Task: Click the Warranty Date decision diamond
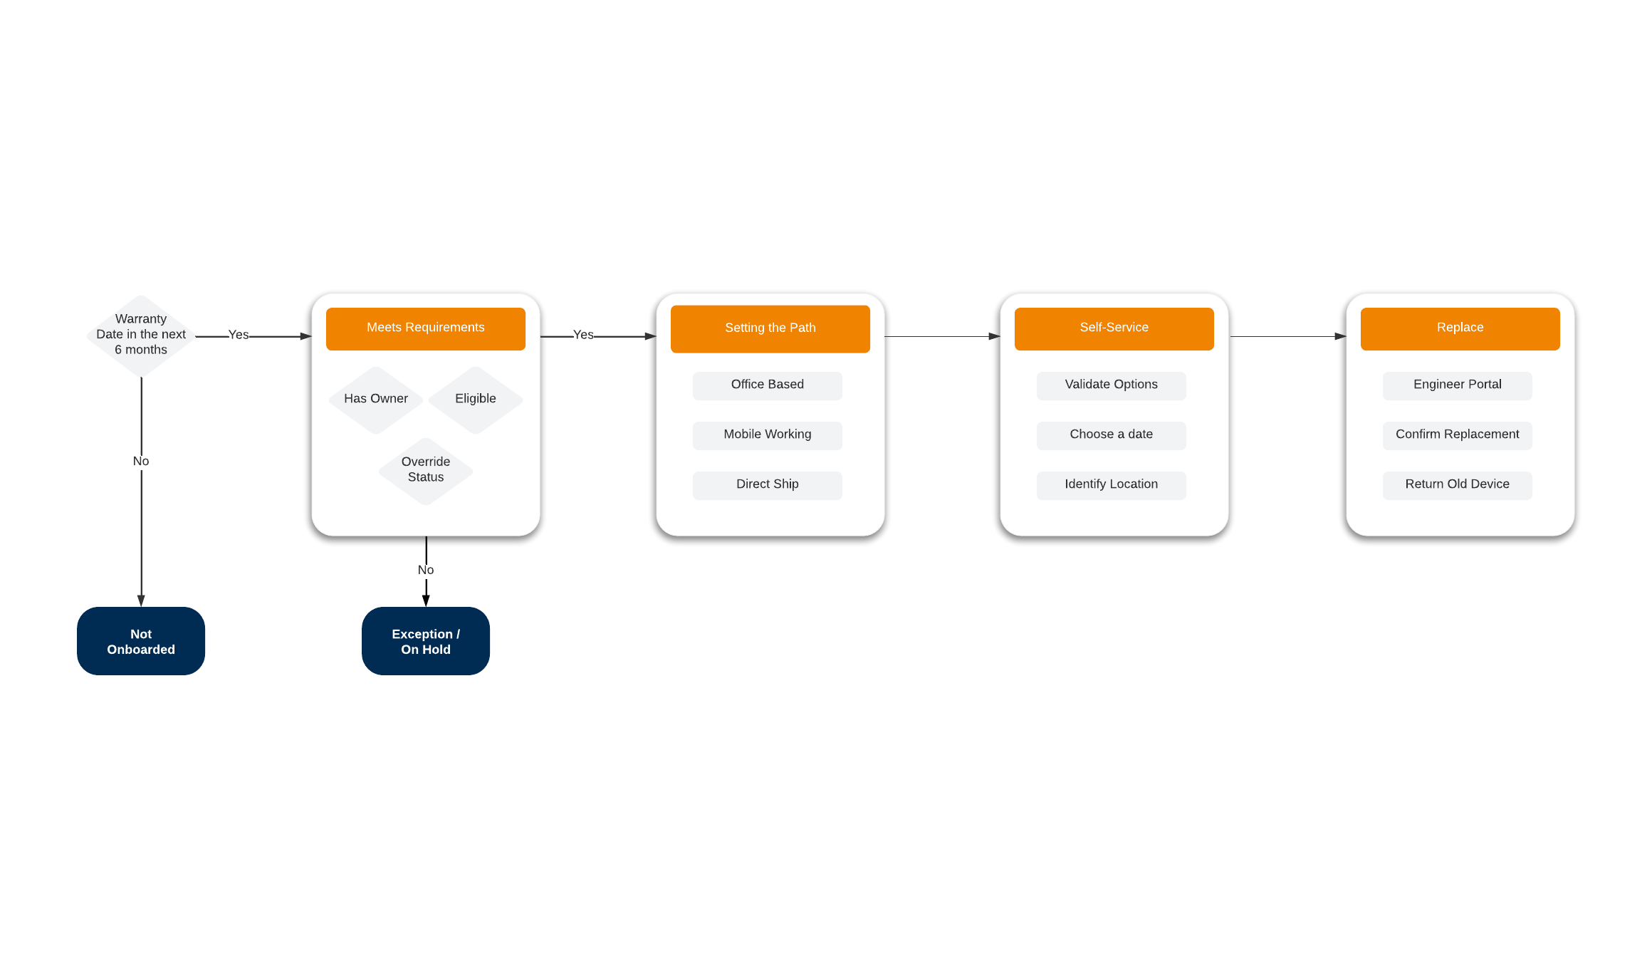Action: [x=141, y=335]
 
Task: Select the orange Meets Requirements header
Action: [x=425, y=328]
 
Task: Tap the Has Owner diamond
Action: [x=376, y=399]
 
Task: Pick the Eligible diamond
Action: [x=476, y=399]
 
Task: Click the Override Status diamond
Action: [x=426, y=470]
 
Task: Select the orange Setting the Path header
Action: [x=770, y=328]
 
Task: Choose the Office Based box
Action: [x=767, y=385]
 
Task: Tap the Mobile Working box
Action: [x=767, y=435]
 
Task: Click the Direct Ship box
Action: [x=767, y=485]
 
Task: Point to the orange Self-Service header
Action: [x=1114, y=328]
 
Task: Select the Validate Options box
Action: [x=1111, y=385]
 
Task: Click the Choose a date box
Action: [x=1111, y=435]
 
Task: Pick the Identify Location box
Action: [x=1111, y=485]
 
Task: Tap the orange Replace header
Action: [x=1460, y=328]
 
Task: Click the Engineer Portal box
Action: [x=1457, y=385]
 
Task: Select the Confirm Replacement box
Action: [x=1457, y=435]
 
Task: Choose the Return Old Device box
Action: [x=1457, y=485]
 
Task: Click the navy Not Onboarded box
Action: [x=141, y=641]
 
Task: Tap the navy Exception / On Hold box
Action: [x=426, y=641]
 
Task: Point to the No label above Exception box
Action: [x=426, y=570]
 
